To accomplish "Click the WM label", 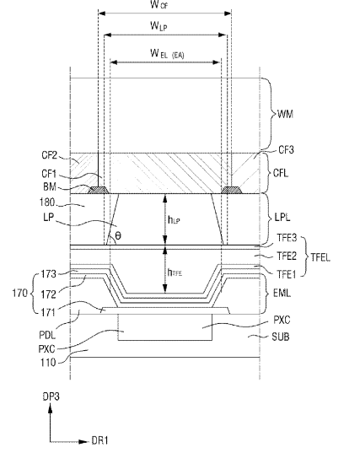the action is click(286, 114).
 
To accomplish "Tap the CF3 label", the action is click(287, 150).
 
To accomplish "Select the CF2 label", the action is click(49, 155).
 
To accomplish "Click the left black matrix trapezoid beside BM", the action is click(99, 190).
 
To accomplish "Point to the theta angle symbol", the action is click(118, 236).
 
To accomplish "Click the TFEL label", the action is click(320, 258).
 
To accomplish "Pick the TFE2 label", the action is click(287, 256).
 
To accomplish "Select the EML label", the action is click(282, 294).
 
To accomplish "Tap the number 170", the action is click(19, 294).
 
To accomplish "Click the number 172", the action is click(48, 294).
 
